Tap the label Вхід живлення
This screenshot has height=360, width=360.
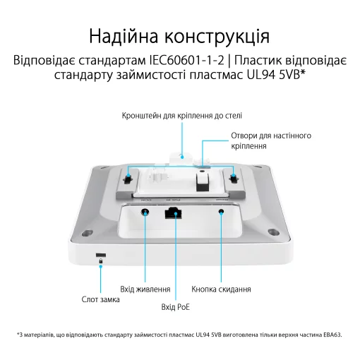145,289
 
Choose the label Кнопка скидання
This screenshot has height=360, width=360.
222,289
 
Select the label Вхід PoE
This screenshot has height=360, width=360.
176,307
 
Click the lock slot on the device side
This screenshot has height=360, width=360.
101,253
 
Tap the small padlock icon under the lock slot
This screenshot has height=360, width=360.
101,261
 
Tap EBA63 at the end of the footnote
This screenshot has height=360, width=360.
331,334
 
